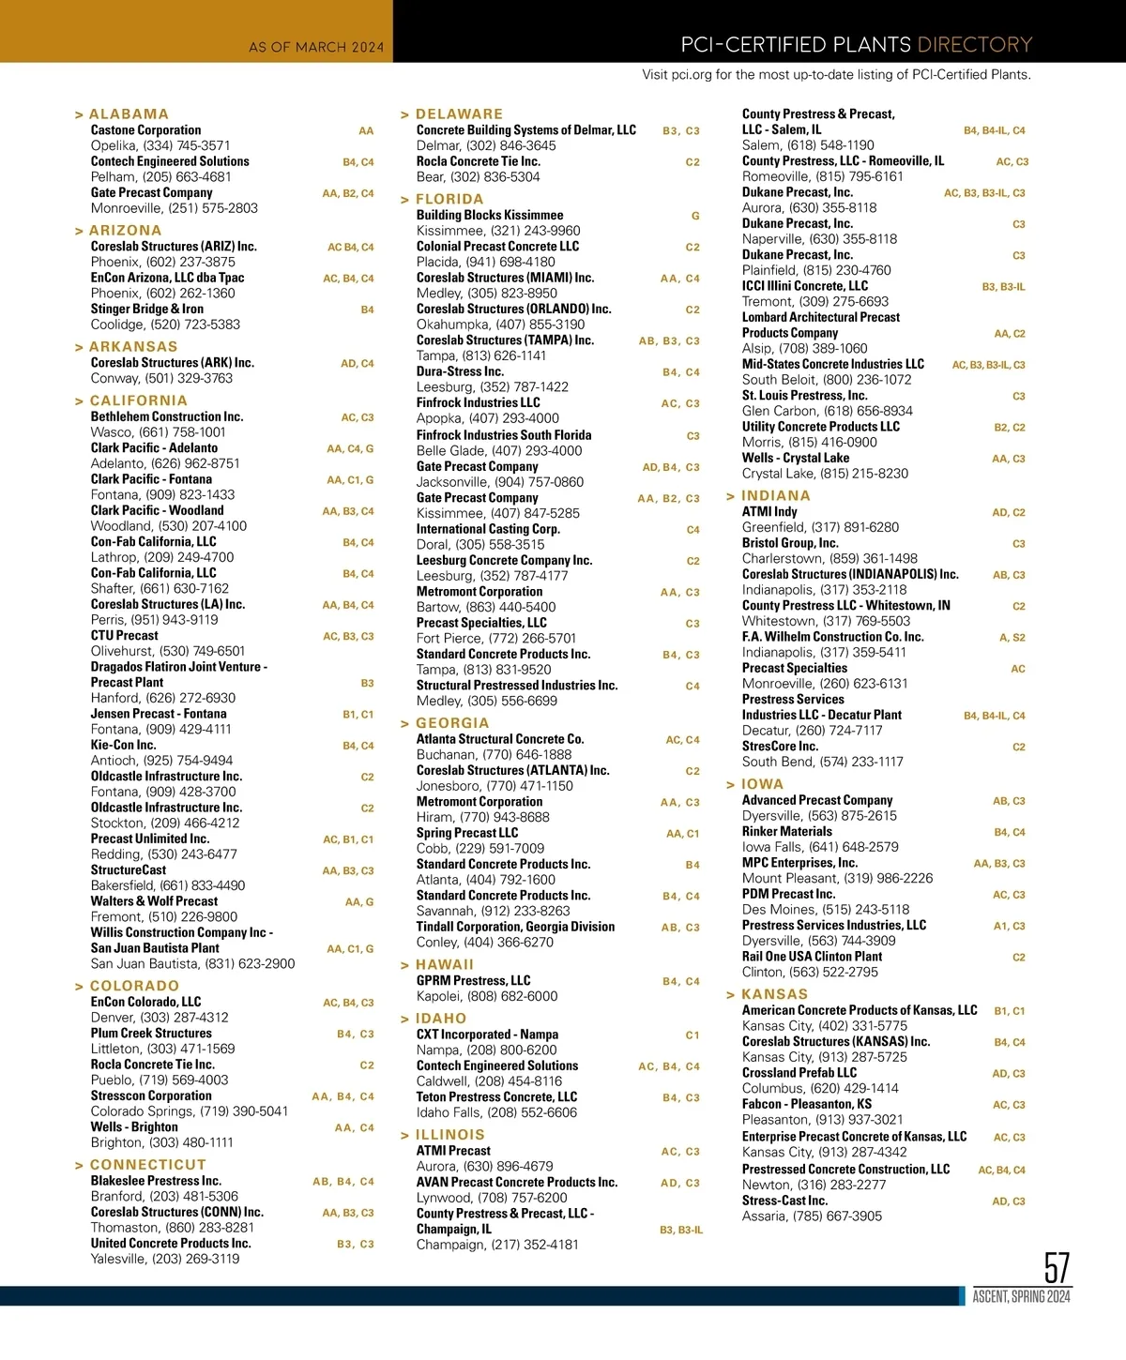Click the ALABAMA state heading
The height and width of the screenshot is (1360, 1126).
pyautogui.click(x=129, y=114)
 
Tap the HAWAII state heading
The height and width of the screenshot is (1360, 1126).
pyautogui.click(x=444, y=965)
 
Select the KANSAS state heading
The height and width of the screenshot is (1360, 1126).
pyautogui.click(x=774, y=994)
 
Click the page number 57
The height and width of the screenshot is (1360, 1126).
pyautogui.click(x=1057, y=1268)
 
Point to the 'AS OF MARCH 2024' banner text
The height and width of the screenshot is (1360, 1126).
pyautogui.click(x=316, y=47)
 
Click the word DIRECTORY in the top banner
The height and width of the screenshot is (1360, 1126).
pyautogui.click(x=974, y=45)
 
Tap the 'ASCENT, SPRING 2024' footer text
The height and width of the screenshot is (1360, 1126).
pyautogui.click(x=1021, y=1297)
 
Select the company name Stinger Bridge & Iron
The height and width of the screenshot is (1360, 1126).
pyautogui.click(x=147, y=309)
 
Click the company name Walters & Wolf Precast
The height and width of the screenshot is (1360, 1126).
pyautogui.click(x=154, y=901)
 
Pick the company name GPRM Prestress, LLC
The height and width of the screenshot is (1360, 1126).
pyautogui.click(x=473, y=980)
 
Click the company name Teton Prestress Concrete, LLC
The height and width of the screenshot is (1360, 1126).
pyautogui.click(x=496, y=1097)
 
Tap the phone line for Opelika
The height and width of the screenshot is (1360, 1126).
pyautogui.click(x=160, y=145)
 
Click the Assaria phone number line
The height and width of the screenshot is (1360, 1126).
pyautogui.click(x=812, y=1216)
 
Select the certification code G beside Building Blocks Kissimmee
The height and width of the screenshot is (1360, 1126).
pyautogui.click(x=695, y=216)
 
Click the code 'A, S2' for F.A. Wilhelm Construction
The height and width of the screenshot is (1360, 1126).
pyautogui.click(x=1012, y=638)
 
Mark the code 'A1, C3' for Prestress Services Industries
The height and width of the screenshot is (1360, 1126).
pyautogui.click(x=1009, y=926)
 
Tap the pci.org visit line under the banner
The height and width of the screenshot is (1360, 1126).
pyautogui.click(x=836, y=75)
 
